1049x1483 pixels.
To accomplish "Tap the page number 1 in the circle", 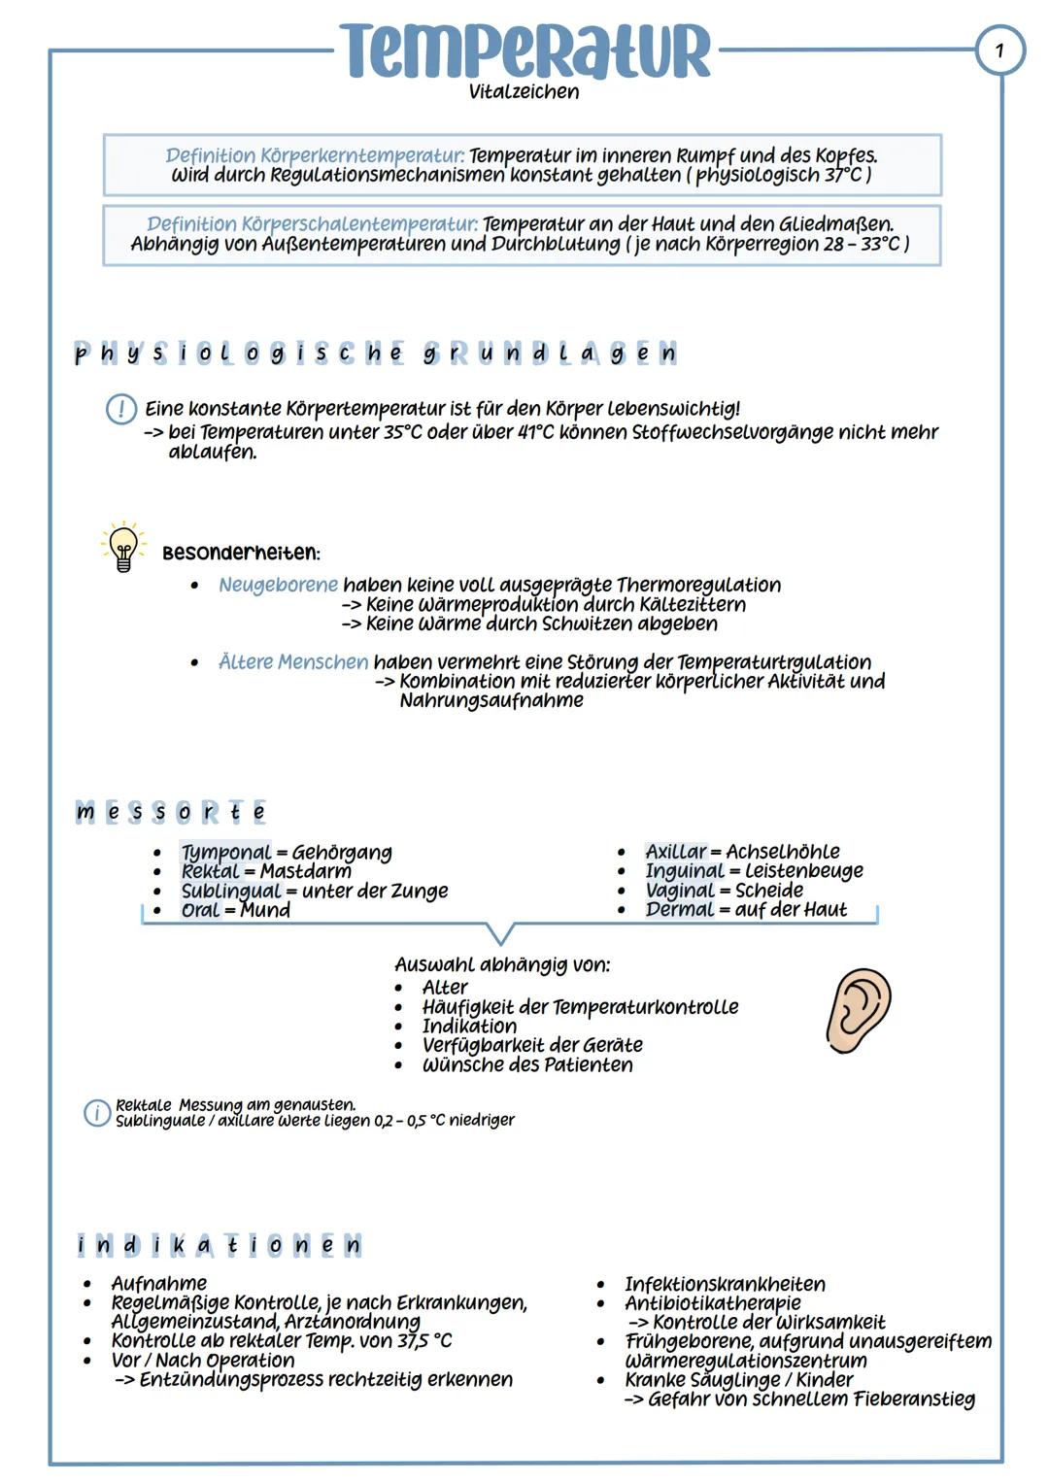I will [999, 49].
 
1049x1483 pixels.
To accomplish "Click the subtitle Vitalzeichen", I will [524, 92].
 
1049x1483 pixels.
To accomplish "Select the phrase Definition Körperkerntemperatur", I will [315, 155].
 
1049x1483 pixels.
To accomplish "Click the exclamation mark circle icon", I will [120, 409].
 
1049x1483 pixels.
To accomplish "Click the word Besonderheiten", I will [240, 553].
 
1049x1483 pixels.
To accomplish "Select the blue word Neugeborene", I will [278, 585].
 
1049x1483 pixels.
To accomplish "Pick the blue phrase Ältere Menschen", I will [293, 662].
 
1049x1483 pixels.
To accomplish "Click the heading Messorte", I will [171, 812].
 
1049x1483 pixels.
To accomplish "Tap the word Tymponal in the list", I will [225, 853].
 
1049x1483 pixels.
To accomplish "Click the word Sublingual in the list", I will [230, 891].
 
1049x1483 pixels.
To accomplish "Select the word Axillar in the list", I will [675, 852].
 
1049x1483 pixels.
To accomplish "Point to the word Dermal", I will [679, 909].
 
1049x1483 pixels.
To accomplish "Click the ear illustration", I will [859, 1010].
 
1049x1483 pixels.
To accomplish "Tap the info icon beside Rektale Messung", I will [96, 1113].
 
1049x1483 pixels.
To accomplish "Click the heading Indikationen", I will [220, 1245].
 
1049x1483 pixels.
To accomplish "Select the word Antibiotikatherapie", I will [712, 1303].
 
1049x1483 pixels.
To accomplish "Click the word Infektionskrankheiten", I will [725, 1284].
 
